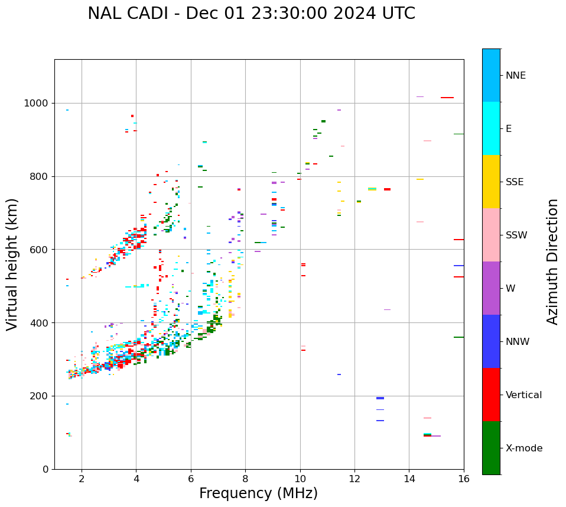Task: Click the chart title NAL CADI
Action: pyautogui.click(x=251, y=14)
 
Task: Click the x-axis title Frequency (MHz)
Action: pyautogui.click(x=258, y=493)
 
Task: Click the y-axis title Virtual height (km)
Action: pyautogui.click(x=12, y=264)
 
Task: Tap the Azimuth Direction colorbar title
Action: pyautogui.click(x=552, y=261)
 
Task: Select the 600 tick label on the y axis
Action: pyautogui.click(x=40, y=250)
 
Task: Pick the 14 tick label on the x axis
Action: pyautogui.click(x=409, y=479)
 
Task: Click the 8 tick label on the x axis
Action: pyautogui.click(x=245, y=479)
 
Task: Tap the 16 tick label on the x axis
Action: pyautogui.click(x=464, y=479)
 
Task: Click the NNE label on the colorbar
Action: pyautogui.click(x=515, y=76)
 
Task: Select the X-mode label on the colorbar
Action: pyautogui.click(x=523, y=448)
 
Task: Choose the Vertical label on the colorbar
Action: pyautogui.click(x=523, y=395)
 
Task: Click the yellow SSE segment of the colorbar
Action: pyautogui.click(x=491, y=182)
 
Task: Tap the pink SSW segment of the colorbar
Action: pyautogui.click(x=491, y=235)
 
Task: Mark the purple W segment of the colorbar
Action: pyautogui.click(x=491, y=288)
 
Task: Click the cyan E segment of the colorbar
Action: pyautogui.click(x=491, y=128)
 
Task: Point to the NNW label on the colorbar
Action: pyautogui.click(x=517, y=342)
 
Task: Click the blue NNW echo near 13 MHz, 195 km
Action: pyautogui.click(x=380, y=398)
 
